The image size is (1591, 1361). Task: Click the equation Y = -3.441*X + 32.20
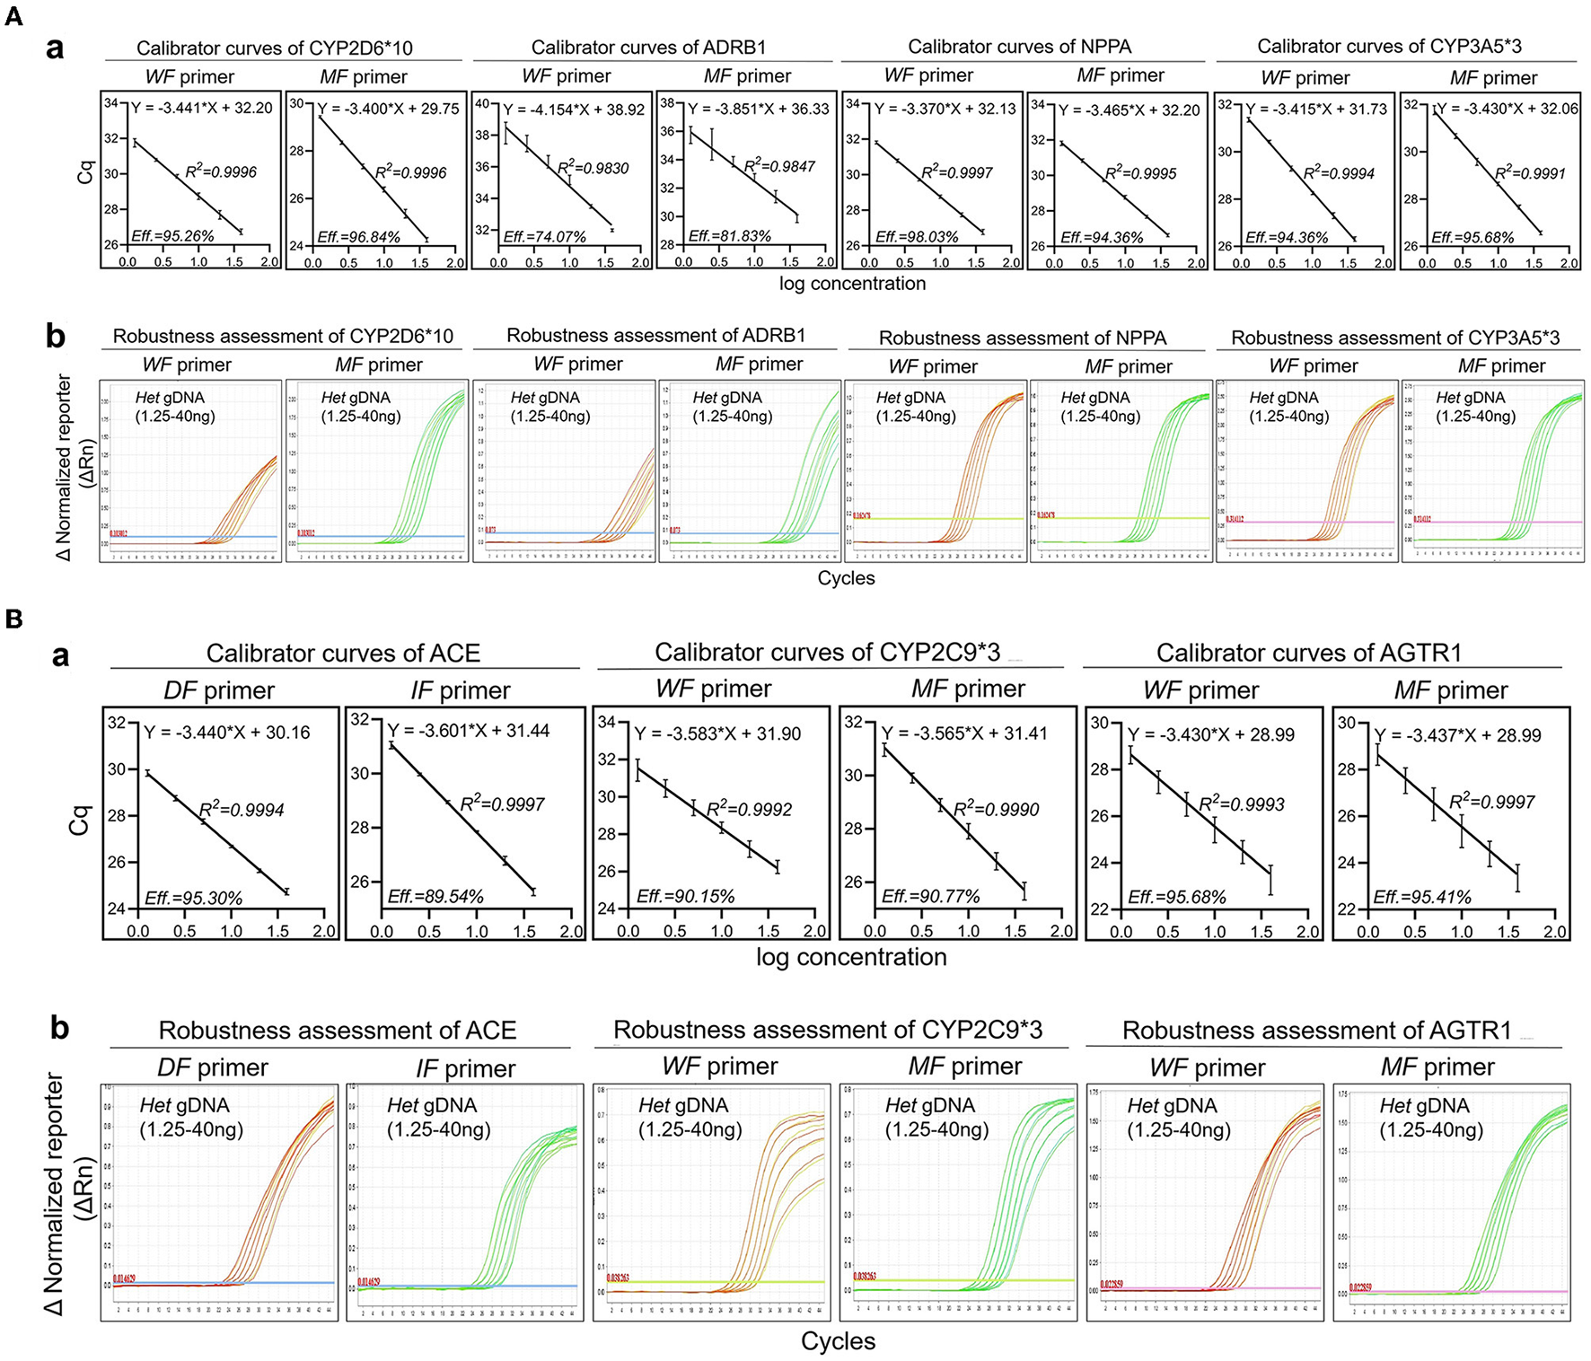tap(201, 108)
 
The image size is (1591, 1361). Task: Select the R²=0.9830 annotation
tap(593, 168)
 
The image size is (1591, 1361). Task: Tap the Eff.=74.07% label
tap(544, 237)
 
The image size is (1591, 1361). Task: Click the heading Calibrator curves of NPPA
tap(1019, 47)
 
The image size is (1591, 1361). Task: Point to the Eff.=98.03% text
tap(916, 237)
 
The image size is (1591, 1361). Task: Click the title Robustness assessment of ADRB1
tap(655, 336)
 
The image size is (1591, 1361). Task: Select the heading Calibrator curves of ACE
tap(343, 653)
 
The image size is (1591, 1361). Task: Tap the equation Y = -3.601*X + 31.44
tap(468, 731)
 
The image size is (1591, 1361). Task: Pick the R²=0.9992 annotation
tap(749, 809)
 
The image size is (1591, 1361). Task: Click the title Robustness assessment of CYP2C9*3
tap(827, 1030)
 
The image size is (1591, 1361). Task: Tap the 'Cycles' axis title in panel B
tap(838, 1341)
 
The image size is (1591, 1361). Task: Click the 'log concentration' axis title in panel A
tap(852, 284)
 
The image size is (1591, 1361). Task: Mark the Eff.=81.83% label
tap(730, 237)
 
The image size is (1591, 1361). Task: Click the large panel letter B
tap(13, 619)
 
